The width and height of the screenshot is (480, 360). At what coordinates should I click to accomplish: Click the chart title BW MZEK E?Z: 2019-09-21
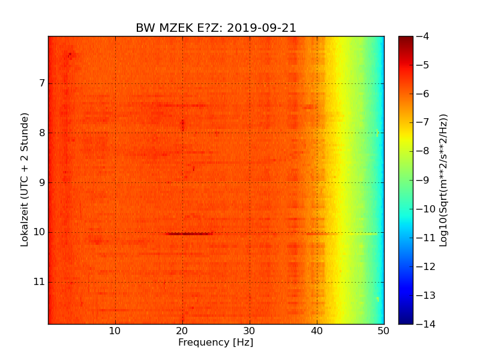point(216,28)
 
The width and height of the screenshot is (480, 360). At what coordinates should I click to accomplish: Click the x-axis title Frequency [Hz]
point(215,343)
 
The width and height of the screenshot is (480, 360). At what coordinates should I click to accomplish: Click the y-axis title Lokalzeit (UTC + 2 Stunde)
point(25,180)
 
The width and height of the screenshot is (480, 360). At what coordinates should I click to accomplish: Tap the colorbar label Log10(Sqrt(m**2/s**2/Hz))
point(443,180)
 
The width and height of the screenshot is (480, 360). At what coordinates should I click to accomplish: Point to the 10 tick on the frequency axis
point(115,331)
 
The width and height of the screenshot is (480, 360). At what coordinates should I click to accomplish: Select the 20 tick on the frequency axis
point(182,331)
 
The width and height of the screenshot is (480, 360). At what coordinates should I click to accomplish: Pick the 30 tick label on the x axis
point(250,331)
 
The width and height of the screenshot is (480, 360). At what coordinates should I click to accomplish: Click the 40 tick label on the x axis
point(317,331)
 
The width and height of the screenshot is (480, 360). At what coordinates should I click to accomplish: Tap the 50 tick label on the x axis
point(383,331)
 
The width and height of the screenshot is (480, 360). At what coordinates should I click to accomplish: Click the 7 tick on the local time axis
point(41,83)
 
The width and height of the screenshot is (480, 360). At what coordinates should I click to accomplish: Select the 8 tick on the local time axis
point(41,133)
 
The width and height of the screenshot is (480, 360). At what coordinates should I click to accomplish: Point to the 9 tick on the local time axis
point(41,182)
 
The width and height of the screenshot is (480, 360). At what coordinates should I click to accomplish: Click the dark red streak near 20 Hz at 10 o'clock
point(188,233)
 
